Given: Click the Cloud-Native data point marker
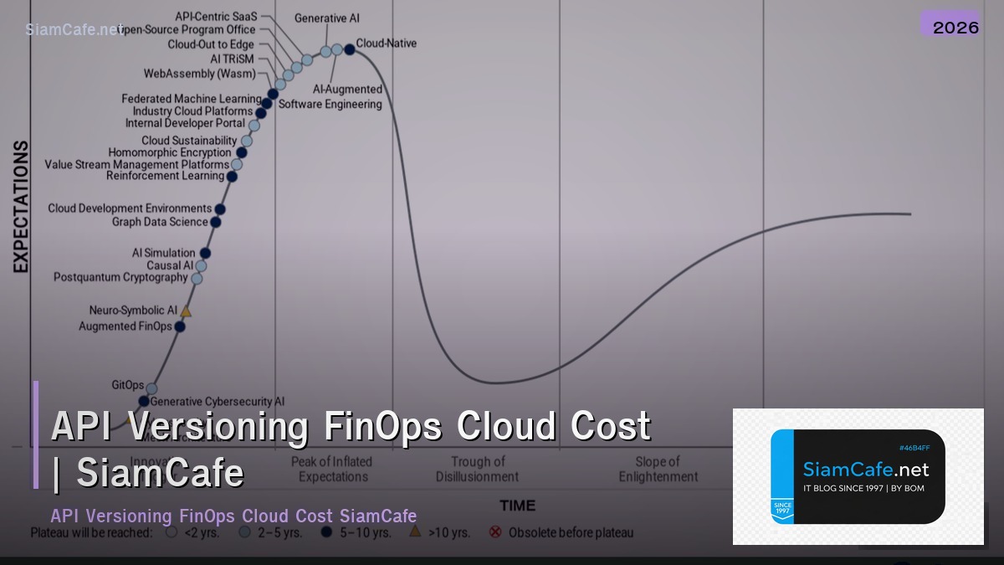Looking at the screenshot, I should click(x=350, y=49).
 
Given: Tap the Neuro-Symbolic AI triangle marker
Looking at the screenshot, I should click(x=186, y=312).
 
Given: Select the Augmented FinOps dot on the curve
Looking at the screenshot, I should click(x=180, y=326).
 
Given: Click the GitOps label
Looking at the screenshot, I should click(x=128, y=385).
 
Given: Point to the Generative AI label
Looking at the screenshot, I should click(x=326, y=18).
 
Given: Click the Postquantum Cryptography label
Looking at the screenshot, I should click(x=120, y=277).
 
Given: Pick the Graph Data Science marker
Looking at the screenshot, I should click(x=215, y=222).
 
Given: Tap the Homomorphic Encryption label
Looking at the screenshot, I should click(x=169, y=152).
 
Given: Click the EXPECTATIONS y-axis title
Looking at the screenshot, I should click(x=21, y=206).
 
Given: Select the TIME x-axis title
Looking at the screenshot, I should click(x=517, y=506).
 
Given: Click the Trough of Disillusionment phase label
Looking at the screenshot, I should click(x=477, y=469).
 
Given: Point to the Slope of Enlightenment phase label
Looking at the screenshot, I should click(x=658, y=469).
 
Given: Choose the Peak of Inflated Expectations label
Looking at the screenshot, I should click(x=332, y=469).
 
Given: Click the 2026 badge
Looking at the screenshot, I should click(x=955, y=27).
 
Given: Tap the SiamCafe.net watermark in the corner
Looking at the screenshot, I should click(x=74, y=29).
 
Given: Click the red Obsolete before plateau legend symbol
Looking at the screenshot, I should click(x=495, y=532).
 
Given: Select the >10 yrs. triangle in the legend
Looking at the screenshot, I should click(x=414, y=532).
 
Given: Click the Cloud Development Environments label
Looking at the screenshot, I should click(x=130, y=208).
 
